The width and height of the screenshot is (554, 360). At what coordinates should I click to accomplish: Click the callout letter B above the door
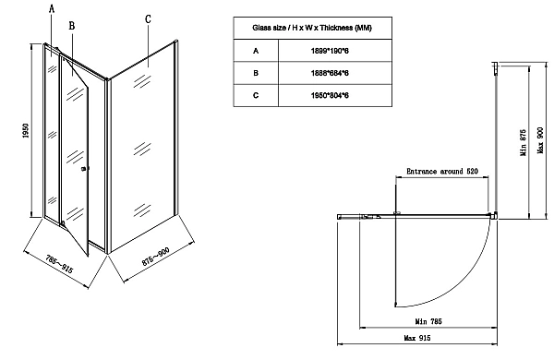[x=71, y=18]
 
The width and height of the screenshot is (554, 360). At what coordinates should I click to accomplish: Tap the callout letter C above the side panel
[x=148, y=18]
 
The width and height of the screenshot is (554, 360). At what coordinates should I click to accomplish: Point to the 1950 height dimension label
[x=25, y=134]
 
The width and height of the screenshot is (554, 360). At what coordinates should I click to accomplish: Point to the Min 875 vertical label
[x=523, y=142]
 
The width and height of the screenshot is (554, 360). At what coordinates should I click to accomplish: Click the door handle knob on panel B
[x=84, y=168]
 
